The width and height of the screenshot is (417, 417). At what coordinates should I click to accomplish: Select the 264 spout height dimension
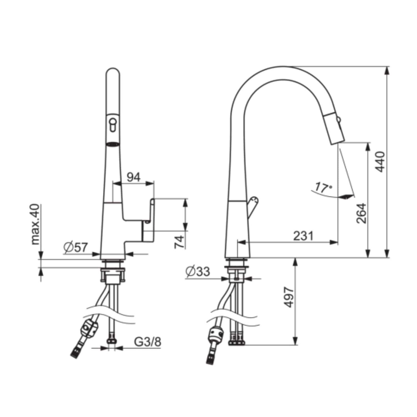point(362,213)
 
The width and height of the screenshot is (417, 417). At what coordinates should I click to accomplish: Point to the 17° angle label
point(323,188)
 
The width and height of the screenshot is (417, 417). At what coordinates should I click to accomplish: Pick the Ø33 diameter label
point(198,271)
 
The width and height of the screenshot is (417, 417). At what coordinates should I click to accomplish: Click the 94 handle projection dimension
point(134,177)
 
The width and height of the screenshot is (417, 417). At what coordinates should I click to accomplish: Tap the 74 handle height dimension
point(180,242)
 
